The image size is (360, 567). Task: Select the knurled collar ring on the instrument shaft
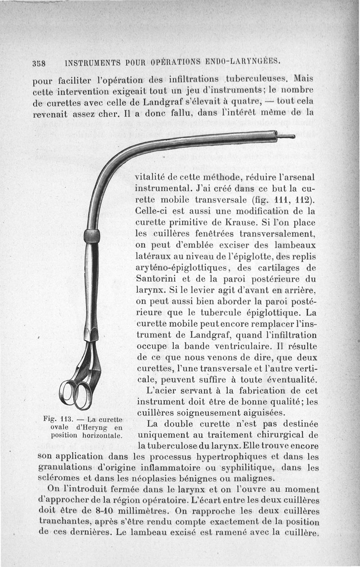(92, 236)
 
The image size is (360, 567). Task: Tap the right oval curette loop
(83, 395)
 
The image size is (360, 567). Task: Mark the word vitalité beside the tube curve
(155, 176)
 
